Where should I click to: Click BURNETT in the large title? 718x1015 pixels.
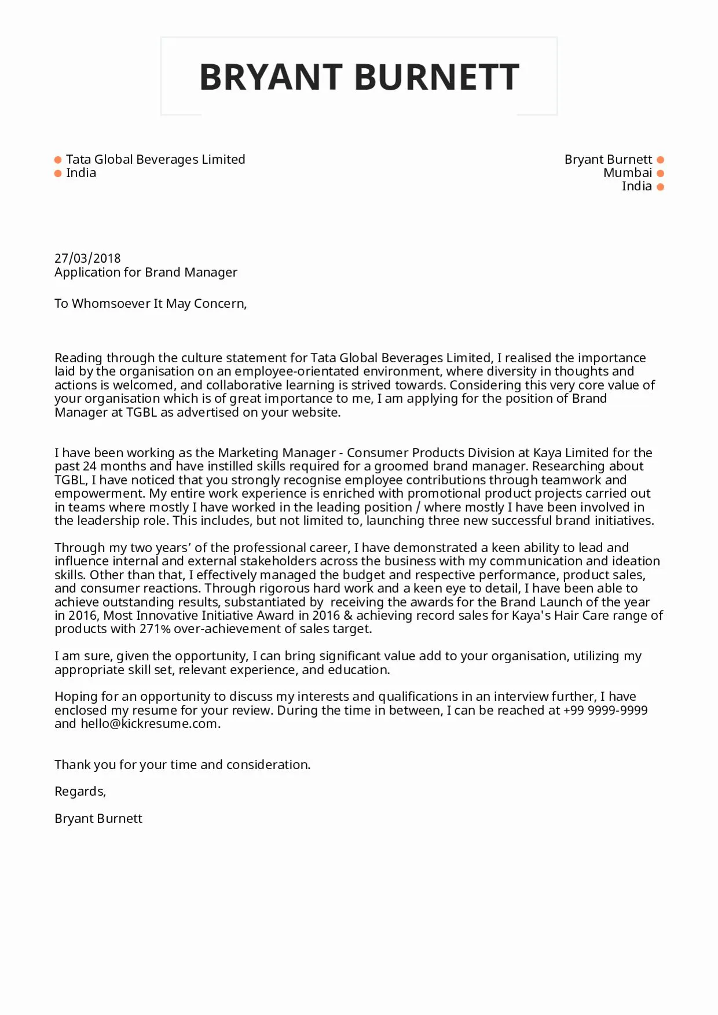[x=437, y=77]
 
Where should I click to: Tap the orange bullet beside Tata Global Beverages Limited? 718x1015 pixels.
[x=58, y=160]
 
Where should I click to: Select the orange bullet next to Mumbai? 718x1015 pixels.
[x=661, y=173]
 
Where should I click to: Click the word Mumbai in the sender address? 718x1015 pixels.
[x=628, y=173]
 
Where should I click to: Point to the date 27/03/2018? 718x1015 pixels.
[x=87, y=259]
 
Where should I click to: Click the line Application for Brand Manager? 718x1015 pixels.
[x=146, y=272]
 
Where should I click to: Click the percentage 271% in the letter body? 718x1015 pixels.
[x=155, y=629]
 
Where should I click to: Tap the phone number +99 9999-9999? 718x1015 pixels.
[x=605, y=711]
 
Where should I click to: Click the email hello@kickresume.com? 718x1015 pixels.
[x=149, y=724]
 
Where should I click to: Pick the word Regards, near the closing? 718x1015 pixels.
[x=80, y=792]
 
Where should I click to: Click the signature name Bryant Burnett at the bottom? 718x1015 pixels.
[x=98, y=819]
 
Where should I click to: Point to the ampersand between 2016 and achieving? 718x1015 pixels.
[x=347, y=616]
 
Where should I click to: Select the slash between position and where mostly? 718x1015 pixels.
[x=418, y=507]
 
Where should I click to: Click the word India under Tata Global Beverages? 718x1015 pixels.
[x=81, y=173]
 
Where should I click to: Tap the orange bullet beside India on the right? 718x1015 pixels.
[x=661, y=186]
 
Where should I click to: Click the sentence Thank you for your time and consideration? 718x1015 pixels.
[x=182, y=765]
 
